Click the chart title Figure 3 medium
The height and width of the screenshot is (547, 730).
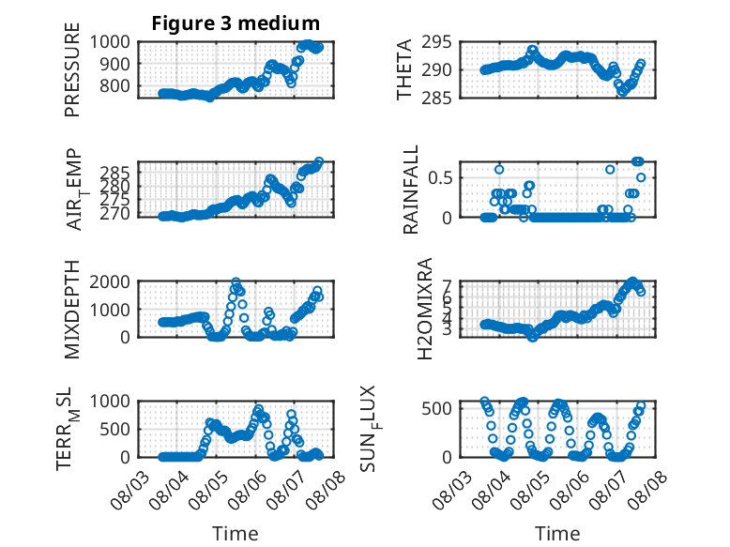(x=236, y=23)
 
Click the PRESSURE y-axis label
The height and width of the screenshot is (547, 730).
(x=72, y=69)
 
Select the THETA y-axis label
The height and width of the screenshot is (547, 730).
(x=404, y=69)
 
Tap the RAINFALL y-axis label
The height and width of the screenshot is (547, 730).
(x=411, y=190)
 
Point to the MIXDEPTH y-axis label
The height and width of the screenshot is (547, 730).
(x=72, y=310)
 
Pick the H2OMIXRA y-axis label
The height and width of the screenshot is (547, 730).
(x=425, y=309)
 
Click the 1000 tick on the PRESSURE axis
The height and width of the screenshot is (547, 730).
(x=110, y=42)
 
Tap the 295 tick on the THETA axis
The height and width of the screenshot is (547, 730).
(x=436, y=42)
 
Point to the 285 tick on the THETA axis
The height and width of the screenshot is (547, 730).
(x=436, y=99)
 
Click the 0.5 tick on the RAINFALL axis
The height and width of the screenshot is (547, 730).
(x=440, y=178)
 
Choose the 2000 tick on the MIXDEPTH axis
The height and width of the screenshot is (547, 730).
(x=110, y=281)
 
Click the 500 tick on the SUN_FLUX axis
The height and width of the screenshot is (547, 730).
(x=436, y=408)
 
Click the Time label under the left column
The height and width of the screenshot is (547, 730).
(x=236, y=534)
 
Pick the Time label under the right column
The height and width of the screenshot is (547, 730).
(x=557, y=534)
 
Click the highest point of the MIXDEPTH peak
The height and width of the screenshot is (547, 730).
(x=236, y=282)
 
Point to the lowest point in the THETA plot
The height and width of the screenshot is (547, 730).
(x=622, y=92)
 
